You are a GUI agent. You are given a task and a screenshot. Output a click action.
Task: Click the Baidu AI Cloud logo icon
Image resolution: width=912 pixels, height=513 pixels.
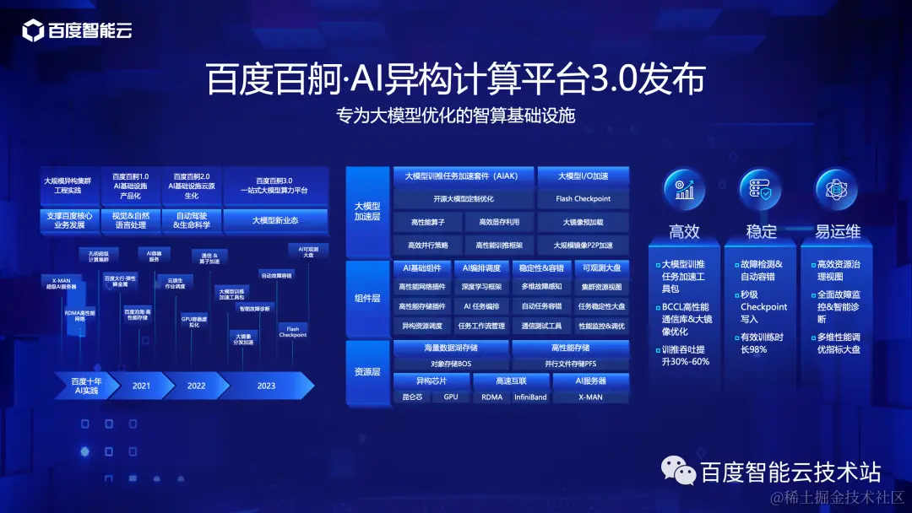[33, 32]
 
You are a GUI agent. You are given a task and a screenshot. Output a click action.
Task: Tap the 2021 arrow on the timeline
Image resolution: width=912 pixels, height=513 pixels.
[141, 386]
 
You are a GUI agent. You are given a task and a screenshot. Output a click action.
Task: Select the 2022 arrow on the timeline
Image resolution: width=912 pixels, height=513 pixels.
[196, 386]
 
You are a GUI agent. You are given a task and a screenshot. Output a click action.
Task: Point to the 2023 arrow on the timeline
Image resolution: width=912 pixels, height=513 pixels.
[265, 386]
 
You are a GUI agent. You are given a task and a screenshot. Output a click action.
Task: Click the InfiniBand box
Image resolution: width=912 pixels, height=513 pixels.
[530, 397]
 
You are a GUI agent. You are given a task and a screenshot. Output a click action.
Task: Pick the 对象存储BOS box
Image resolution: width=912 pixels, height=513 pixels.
[452, 364]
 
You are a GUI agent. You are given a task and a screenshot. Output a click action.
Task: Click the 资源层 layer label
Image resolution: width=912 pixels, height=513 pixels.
[366, 371]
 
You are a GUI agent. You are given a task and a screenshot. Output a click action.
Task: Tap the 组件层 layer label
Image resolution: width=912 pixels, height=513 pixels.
[366, 298]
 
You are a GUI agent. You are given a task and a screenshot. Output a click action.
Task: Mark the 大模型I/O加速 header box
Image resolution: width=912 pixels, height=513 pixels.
[583, 176]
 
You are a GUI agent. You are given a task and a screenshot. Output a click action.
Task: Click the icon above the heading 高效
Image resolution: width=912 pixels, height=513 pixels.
[684, 190]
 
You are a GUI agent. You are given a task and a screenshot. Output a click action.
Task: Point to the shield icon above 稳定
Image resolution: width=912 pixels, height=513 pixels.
[759, 190]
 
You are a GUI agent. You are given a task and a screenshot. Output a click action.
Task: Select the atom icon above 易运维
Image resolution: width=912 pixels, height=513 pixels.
[834, 190]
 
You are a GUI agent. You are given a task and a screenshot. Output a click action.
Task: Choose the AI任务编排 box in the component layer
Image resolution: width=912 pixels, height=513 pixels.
[481, 306]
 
